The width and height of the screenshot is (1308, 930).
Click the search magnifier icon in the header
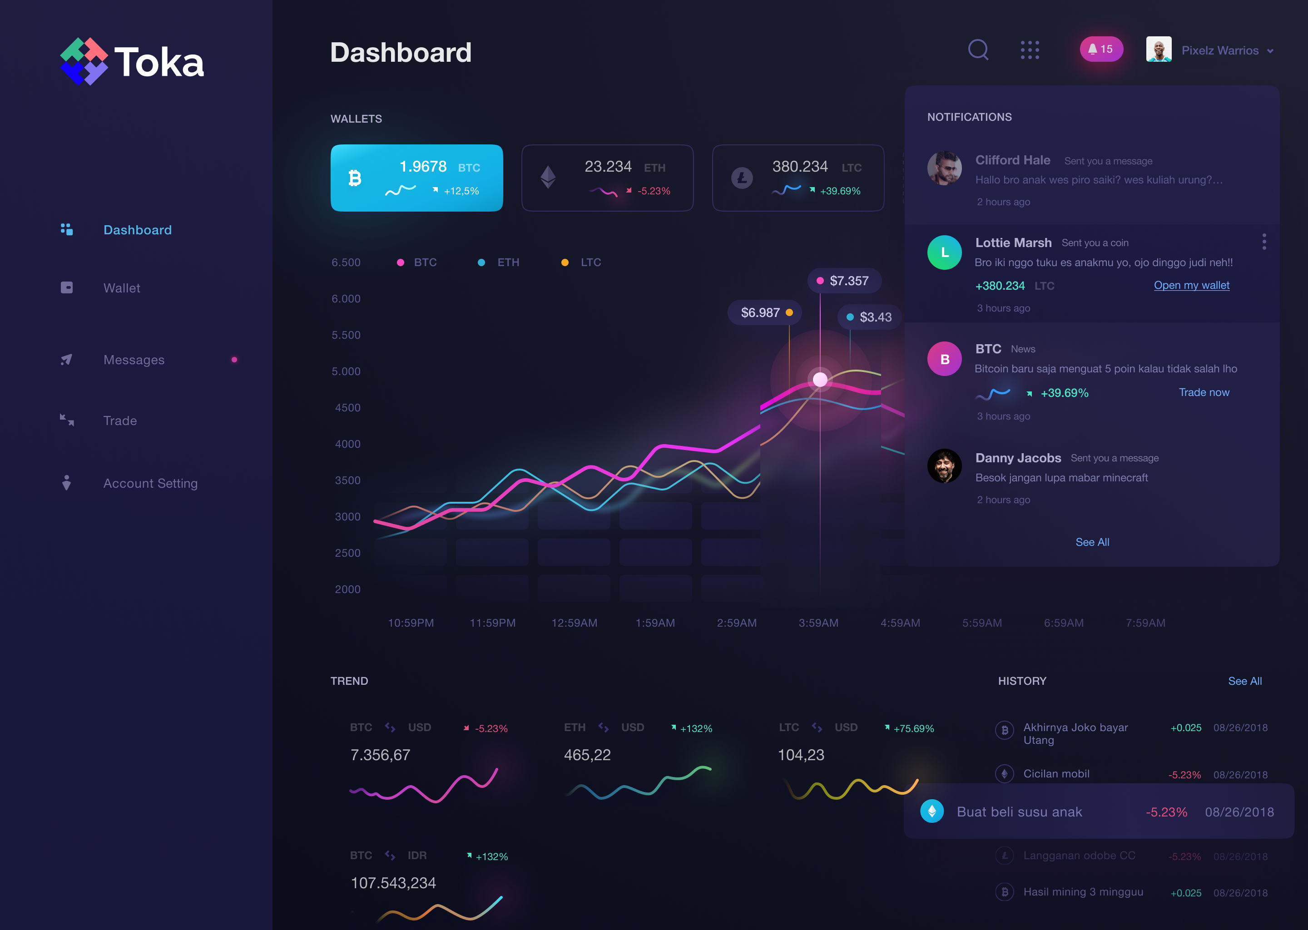(x=977, y=50)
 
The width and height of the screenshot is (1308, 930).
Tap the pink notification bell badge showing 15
(x=1101, y=49)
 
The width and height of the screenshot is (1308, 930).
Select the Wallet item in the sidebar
(x=121, y=288)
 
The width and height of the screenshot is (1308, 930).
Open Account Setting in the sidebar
(x=150, y=483)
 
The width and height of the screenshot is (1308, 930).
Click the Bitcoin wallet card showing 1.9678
(x=416, y=178)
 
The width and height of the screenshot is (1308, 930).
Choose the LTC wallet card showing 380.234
(x=798, y=178)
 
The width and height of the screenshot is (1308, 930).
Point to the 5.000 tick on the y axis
(x=346, y=371)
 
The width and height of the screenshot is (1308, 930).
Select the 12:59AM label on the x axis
(x=574, y=623)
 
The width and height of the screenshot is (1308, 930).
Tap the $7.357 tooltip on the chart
(x=844, y=281)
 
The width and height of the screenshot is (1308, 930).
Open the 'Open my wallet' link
(x=1191, y=285)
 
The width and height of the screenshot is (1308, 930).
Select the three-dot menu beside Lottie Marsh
(x=1264, y=242)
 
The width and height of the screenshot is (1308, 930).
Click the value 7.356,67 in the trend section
(x=380, y=755)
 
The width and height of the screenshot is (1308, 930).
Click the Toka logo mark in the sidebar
(x=84, y=61)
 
